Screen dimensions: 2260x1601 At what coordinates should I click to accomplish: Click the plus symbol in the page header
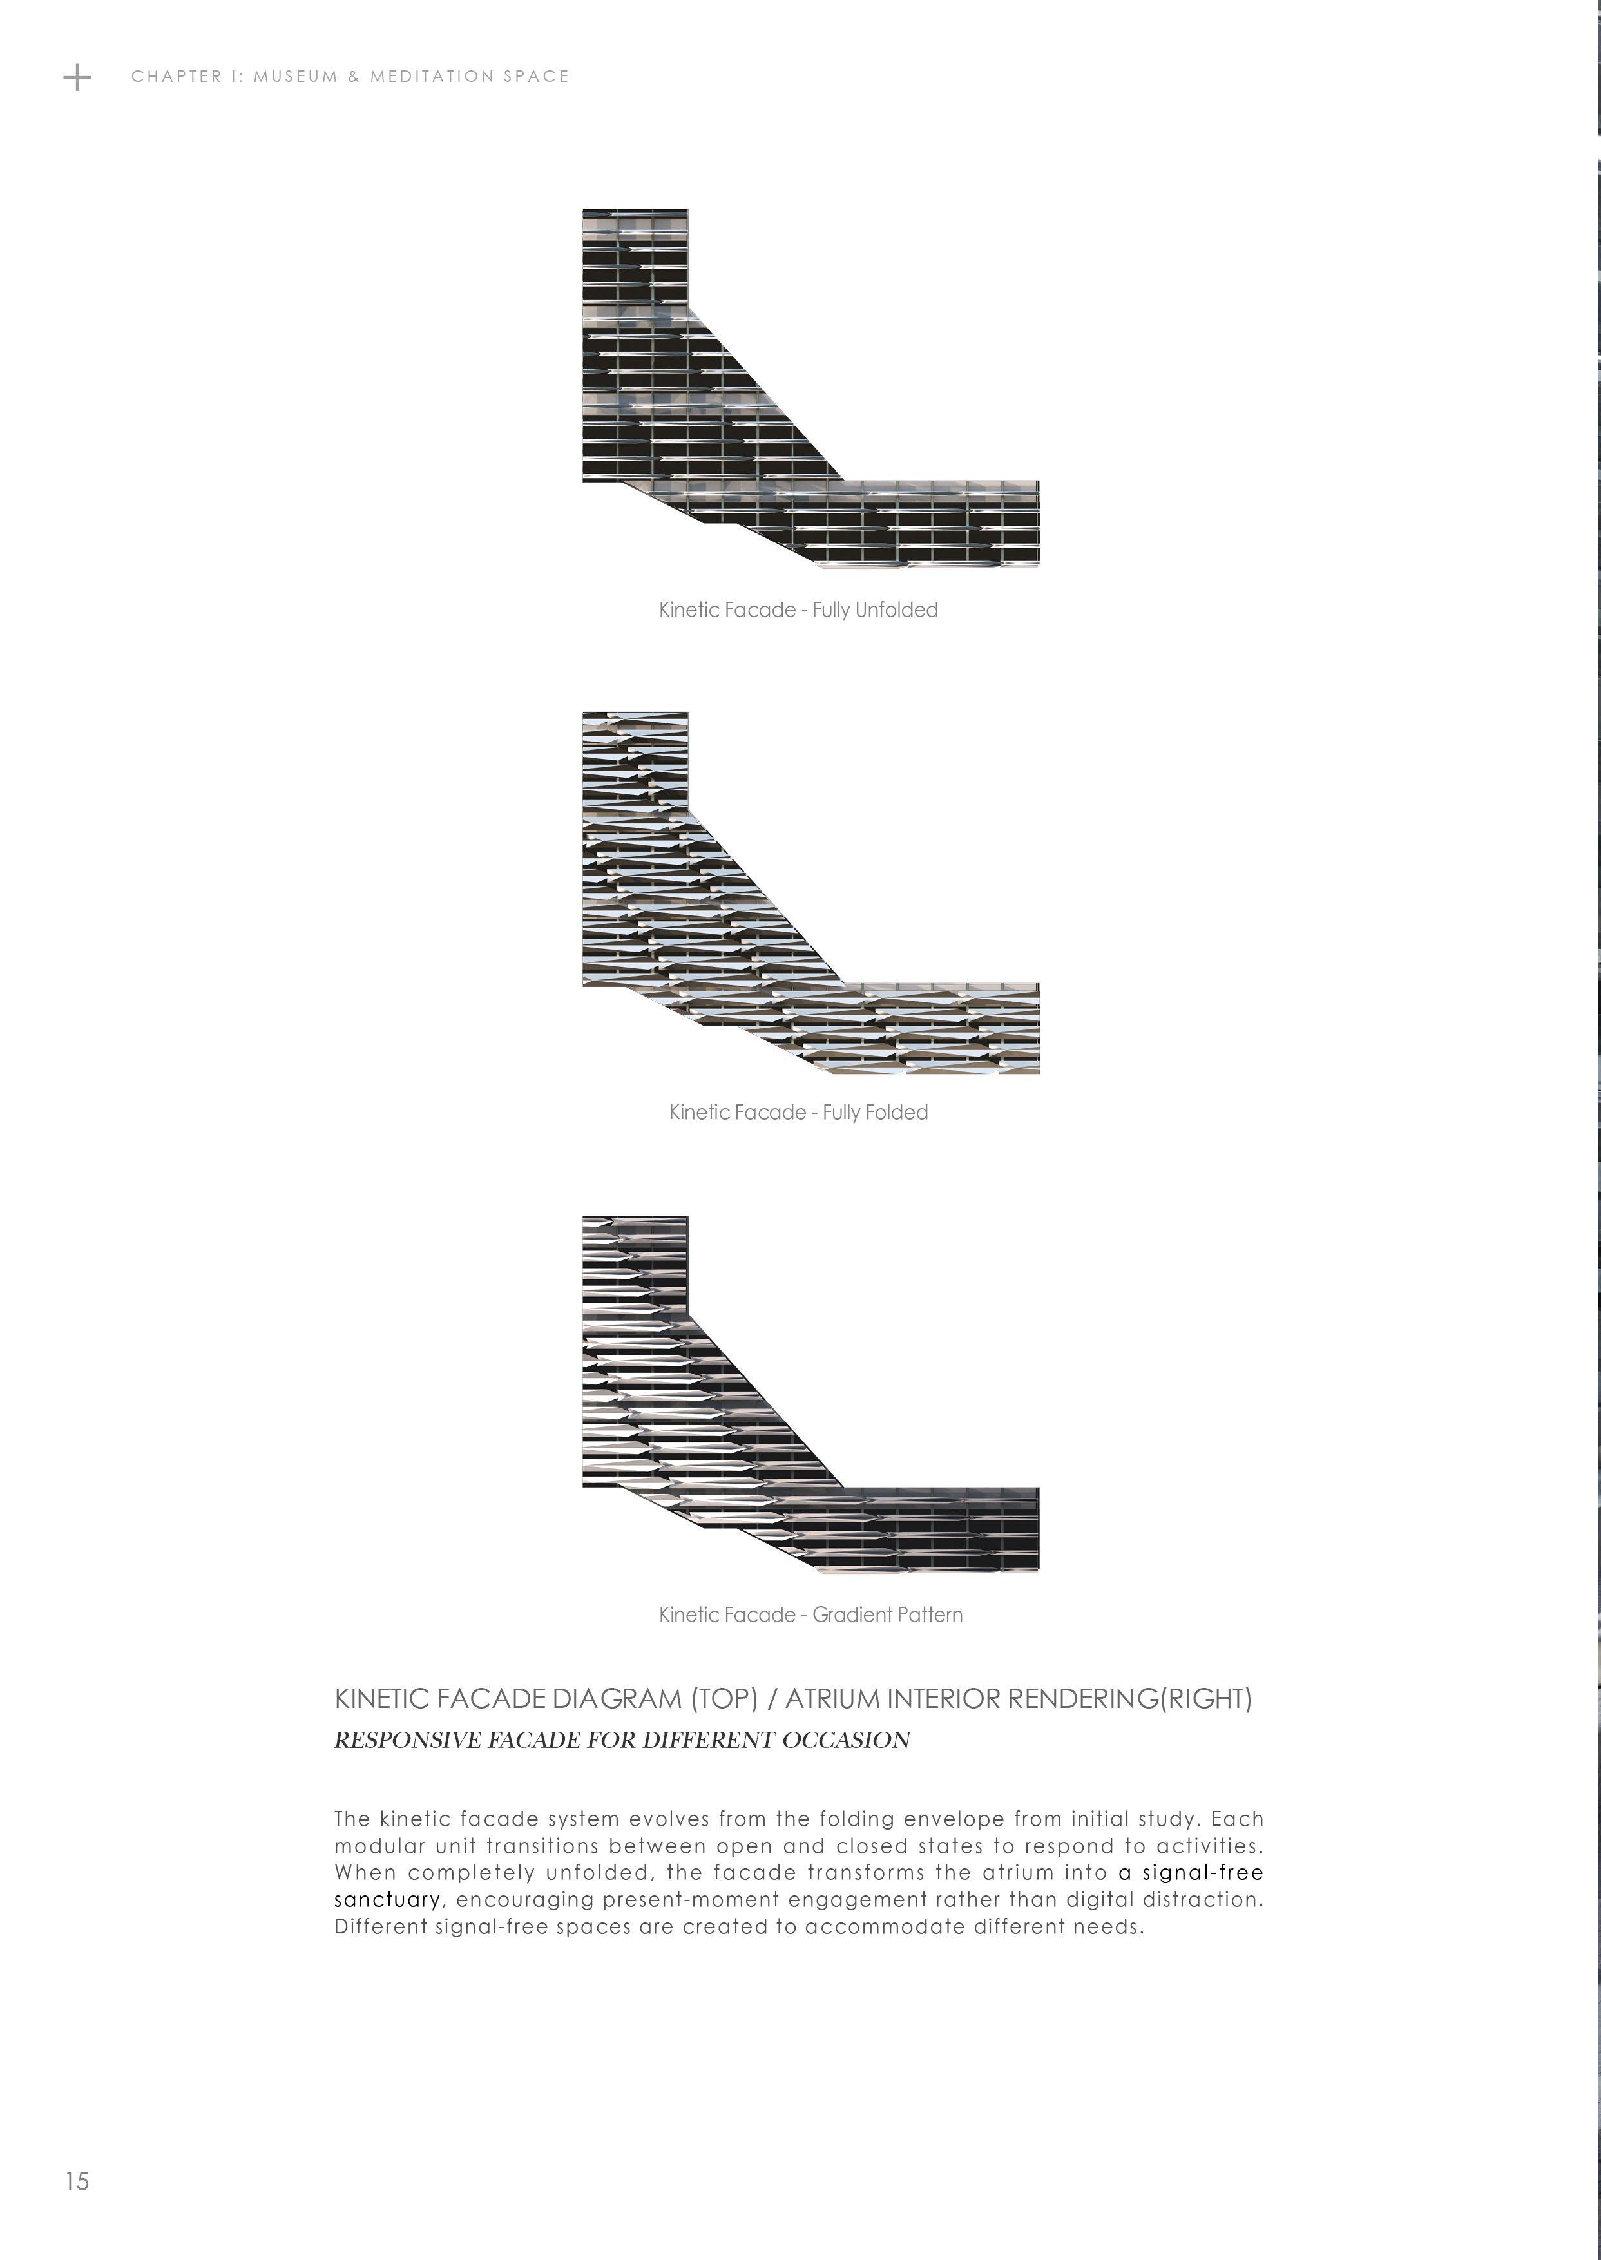click(x=77, y=77)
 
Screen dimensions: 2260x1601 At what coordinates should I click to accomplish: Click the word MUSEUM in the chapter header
click(x=296, y=77)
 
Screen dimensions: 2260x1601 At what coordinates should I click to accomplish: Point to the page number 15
click(x=77, y=2181)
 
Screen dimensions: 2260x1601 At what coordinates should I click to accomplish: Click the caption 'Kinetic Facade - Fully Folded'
click(x=798, y=1113)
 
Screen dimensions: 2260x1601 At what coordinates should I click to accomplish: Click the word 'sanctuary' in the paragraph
click(x=387, y=1899)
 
